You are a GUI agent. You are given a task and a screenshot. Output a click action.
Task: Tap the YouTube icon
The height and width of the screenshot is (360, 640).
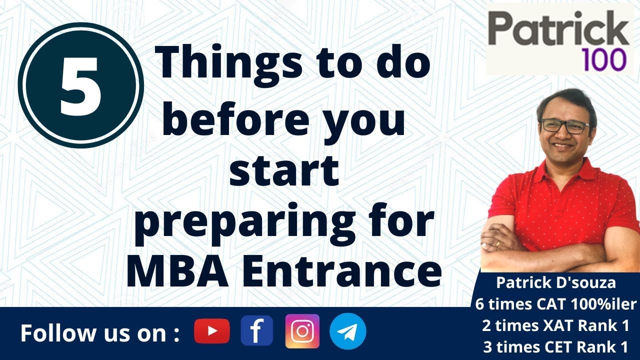[x=212, y=331]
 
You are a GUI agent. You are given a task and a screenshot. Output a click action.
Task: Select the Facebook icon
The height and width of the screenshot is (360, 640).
[x=256, y=331]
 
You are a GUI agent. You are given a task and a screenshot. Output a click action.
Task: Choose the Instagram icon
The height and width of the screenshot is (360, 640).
[x=302, y=331]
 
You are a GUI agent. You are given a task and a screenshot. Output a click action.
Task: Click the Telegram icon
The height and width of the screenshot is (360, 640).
[x=348, y=331]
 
